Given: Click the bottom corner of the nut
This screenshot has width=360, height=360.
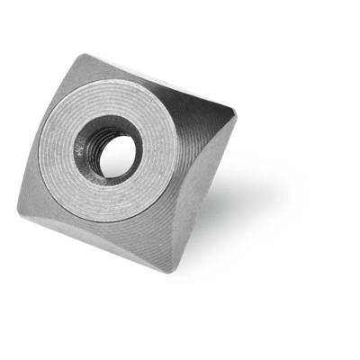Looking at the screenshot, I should point(170,271).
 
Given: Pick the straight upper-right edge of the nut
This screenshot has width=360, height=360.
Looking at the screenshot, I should point(162,83).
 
